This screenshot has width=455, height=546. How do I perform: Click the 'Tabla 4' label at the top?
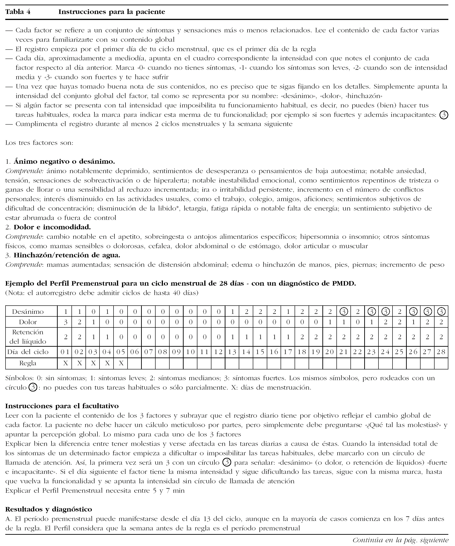(x=18, y=12)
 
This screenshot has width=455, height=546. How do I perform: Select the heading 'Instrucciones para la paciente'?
(x=112, y=12)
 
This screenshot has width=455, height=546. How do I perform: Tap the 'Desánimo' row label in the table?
(x=28, y=312)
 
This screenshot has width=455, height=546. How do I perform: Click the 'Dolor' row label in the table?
(x=28, y=322)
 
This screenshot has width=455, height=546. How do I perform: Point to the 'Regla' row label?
(x=28, y=363)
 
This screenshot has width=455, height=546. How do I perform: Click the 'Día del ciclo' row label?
(x=28, y=352)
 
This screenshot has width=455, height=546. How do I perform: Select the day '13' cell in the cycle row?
(x=232, y=352)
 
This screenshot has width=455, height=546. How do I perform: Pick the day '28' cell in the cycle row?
(x=441, y=352)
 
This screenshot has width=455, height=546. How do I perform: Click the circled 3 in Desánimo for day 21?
(x=344, y=312)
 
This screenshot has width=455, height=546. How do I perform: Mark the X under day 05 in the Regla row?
(x=121, y=363)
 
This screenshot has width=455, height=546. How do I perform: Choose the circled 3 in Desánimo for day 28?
(x=441, y=312)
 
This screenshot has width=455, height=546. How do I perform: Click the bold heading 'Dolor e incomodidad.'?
(x=52, y=227)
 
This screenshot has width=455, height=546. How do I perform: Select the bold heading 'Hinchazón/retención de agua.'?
(x=67, y=255)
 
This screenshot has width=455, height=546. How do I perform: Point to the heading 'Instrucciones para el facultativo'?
(x=62, y=406)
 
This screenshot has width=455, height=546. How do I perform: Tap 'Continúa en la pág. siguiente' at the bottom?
(x=400, y=540)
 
